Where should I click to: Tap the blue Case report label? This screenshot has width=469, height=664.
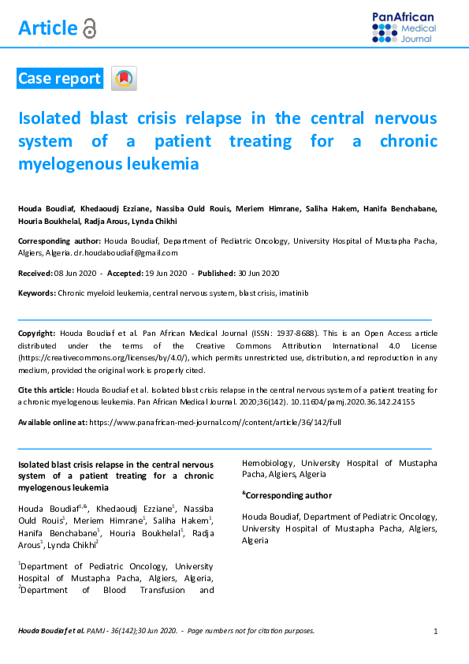(x=59, y=78)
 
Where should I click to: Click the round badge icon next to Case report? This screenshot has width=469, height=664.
(x=125, y=78)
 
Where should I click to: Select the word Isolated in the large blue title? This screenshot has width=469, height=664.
(x=49, y=118)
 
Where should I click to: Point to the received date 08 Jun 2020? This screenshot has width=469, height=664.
(x=76, y=273)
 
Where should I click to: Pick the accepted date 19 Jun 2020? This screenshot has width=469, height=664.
(x=167, y=273)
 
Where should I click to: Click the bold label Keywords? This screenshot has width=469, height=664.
(x=37, y=293)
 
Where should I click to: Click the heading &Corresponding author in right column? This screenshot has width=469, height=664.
(x=287, y=495)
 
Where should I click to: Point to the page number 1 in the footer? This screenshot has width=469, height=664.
(x=436, y=631)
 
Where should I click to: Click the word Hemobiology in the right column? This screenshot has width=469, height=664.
(x=268, y=463)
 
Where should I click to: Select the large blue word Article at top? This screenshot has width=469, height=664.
(x=47, y=29)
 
